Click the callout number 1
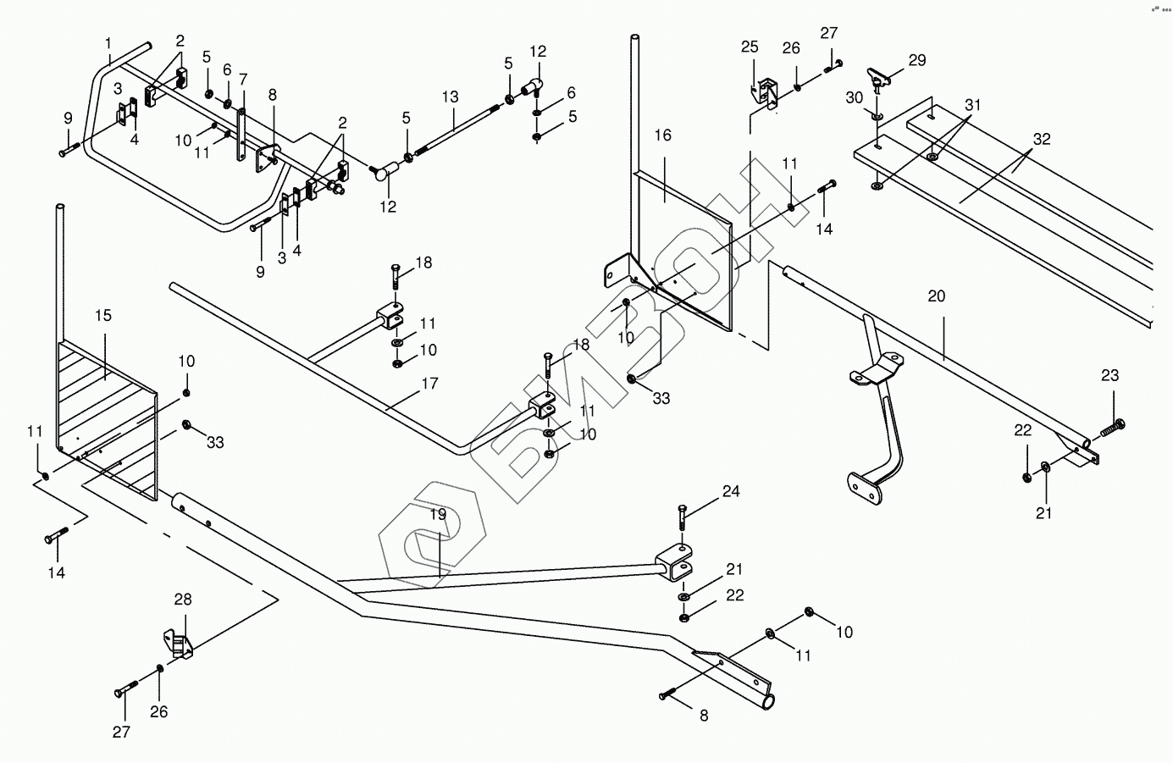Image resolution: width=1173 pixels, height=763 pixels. [x=108, y=42]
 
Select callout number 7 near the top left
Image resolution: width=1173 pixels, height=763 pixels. [x=243, y=80]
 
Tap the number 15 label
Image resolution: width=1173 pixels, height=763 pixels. [x=102, y=315]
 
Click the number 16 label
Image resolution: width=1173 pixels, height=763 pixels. [x=662, y=135]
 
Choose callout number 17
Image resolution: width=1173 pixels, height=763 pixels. [x=429, y=384]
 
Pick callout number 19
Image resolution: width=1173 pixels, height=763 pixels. [x=437, y=513]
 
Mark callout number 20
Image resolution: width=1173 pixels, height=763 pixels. [x=936, y=296]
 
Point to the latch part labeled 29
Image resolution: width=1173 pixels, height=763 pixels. [x=881, y=78]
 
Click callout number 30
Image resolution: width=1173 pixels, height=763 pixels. [x=855, y=97]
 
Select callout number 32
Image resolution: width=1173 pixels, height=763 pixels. [x=1041, y=139]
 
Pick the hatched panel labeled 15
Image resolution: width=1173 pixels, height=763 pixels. [x=106, y=406]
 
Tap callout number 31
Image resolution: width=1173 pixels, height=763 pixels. [x=972, y=105]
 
